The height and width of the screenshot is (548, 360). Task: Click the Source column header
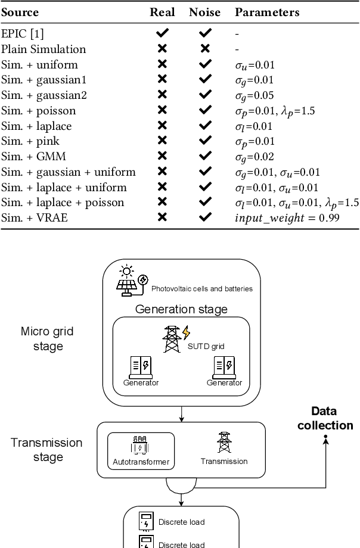point(20,12)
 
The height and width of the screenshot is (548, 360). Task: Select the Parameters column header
point(267,12)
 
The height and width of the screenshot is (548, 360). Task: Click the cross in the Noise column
point(205,49)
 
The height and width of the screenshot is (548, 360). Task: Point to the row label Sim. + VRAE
point(34,218)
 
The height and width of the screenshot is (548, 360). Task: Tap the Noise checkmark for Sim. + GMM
point(205,157)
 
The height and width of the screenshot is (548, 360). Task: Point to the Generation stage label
point(181,309)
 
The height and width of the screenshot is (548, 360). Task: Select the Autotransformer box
point(141,450)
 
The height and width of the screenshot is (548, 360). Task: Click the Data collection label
point(325,418)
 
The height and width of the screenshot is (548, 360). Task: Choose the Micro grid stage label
point(47,339)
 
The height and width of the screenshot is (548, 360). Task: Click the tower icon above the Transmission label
point(224,443)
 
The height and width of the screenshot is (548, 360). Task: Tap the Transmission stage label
point(47,450)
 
